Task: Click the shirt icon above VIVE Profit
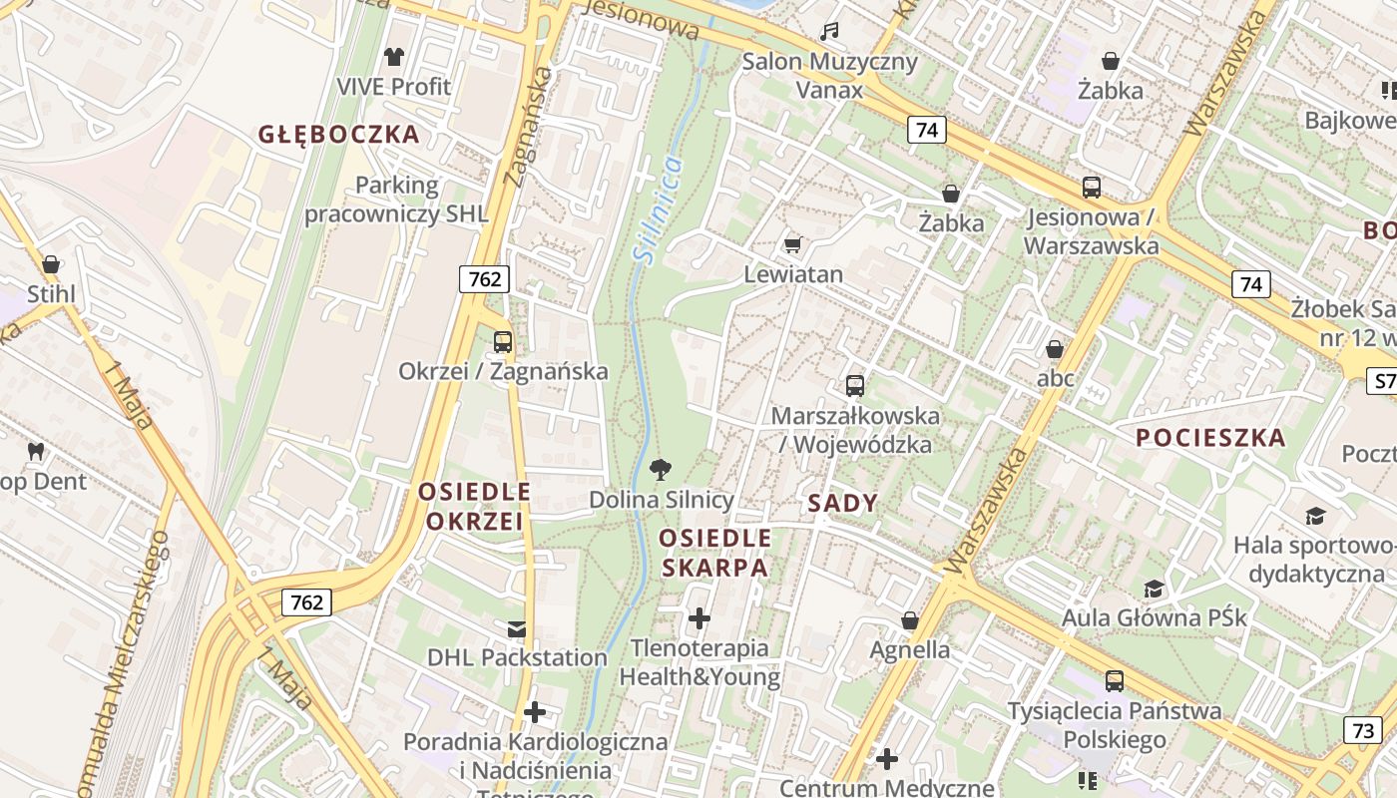(x=395, y=56)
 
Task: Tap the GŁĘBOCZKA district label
(x=338, y=135)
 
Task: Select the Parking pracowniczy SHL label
(x=396, y=199)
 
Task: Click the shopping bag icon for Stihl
(x=51, y=264)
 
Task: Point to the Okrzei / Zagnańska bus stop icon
(x=503, y=342)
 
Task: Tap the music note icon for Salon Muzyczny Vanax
(x=829, y=32)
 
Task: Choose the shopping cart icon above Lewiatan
(x=793, y=244)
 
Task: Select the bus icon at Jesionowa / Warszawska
(x=1092, y=187)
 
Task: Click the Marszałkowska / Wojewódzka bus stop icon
(x=855, y=385)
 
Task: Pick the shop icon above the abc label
(x=1055, y=349)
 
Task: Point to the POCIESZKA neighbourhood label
(x=1210, y=438)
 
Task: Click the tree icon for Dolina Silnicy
(x=661, y=469)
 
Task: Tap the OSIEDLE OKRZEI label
(x=474, y=506)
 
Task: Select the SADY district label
(x=842, y=504)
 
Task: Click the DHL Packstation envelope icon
(x=517, y=628)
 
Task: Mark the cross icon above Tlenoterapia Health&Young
(x=699, y=618)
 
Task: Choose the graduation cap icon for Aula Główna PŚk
(x=1155, y=589)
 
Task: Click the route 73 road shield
(x=1363, y=730)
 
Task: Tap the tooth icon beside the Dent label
(x=37, y=451)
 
